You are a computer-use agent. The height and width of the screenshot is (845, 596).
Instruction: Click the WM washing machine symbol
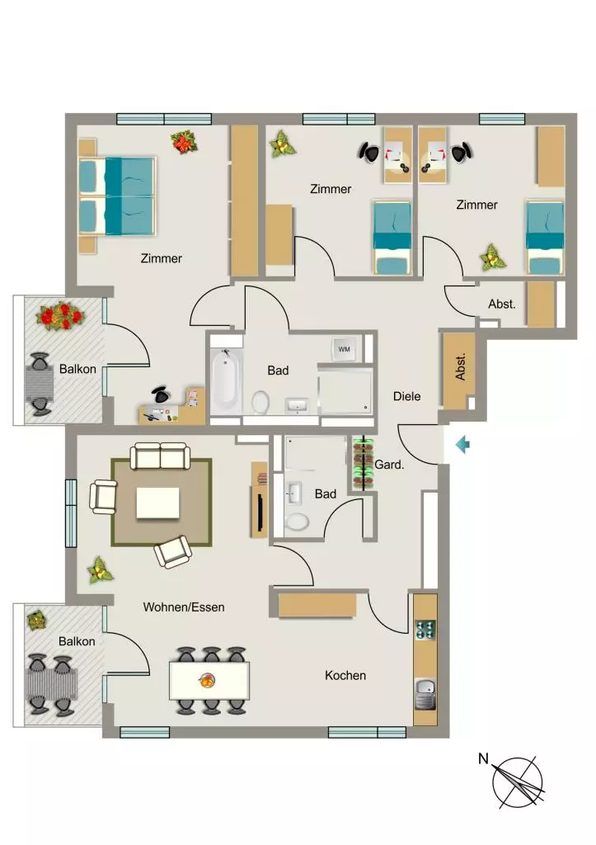[344, 349]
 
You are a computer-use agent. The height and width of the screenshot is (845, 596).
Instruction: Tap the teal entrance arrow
[462, 445]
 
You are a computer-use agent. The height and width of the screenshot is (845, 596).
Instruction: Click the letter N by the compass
[483, 759]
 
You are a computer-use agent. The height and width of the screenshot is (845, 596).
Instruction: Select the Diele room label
[406, 396]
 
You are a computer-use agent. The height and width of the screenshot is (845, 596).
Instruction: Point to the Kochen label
[345, 675]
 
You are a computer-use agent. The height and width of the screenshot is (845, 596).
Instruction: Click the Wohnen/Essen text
[184, 607]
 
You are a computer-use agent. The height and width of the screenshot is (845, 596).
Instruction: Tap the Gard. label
[389, 464]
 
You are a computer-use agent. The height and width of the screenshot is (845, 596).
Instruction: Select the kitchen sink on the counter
[425, 694]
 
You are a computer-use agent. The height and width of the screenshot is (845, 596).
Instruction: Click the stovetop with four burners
[425, 630]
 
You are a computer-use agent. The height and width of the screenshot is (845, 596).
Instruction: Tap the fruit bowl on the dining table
[206, 681]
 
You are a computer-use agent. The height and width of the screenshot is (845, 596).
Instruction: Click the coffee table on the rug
[157, 503]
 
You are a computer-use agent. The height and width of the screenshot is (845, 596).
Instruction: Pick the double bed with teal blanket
[117, 196]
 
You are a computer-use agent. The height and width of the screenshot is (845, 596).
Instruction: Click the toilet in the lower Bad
[297, 522]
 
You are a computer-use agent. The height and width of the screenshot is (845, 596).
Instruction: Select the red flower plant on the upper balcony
[60, 316]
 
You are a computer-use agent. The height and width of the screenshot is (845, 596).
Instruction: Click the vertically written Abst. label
[460, 367]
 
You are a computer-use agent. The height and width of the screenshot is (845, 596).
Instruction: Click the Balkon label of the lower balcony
[77, 641]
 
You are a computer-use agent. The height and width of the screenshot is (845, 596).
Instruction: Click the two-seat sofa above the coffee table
[161, 456]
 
